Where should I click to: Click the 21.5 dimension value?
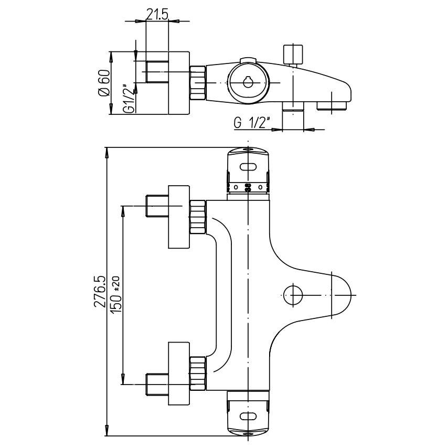pyautogui.click(x=157, y=15)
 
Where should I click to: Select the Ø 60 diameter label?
pyautogui.click(x=103, y=83)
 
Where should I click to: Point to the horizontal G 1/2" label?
pyautogui.click(x=251, y=124)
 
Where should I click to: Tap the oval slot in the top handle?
pyautogui.click(x=249, y=167)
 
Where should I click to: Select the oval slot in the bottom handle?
pyautogui.click(x=249, y=417)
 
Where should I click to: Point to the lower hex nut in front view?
pyautogui.click(x=197, y=371)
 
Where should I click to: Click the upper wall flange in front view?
pyautogui.click(x=178, y=216)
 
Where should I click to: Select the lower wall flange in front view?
pyautogui.click(x=178, y=373)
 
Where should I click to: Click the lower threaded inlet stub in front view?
pyautogui.click(x=156, y=384)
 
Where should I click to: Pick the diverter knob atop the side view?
pyautogui.click(x=293, y=55)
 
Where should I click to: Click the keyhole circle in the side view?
pyautogui.click(x=247, y=82)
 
